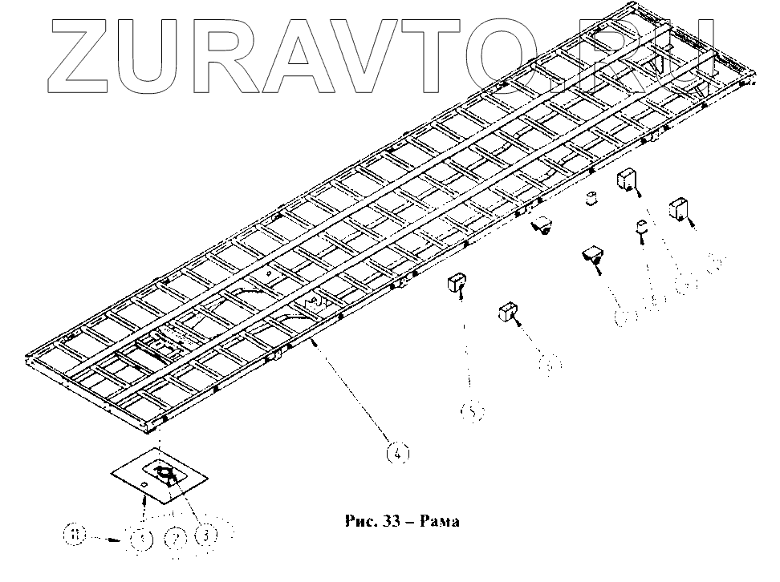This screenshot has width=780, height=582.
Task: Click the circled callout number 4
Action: click(398, 454)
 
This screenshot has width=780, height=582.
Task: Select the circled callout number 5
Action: click(472, 412)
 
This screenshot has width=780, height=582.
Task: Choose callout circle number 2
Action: click(173, 536)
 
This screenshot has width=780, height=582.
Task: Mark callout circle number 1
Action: click(142, 537)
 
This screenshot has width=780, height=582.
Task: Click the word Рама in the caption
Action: click(437, 521)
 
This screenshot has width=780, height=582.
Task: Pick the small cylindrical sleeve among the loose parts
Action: click(591, 197)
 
